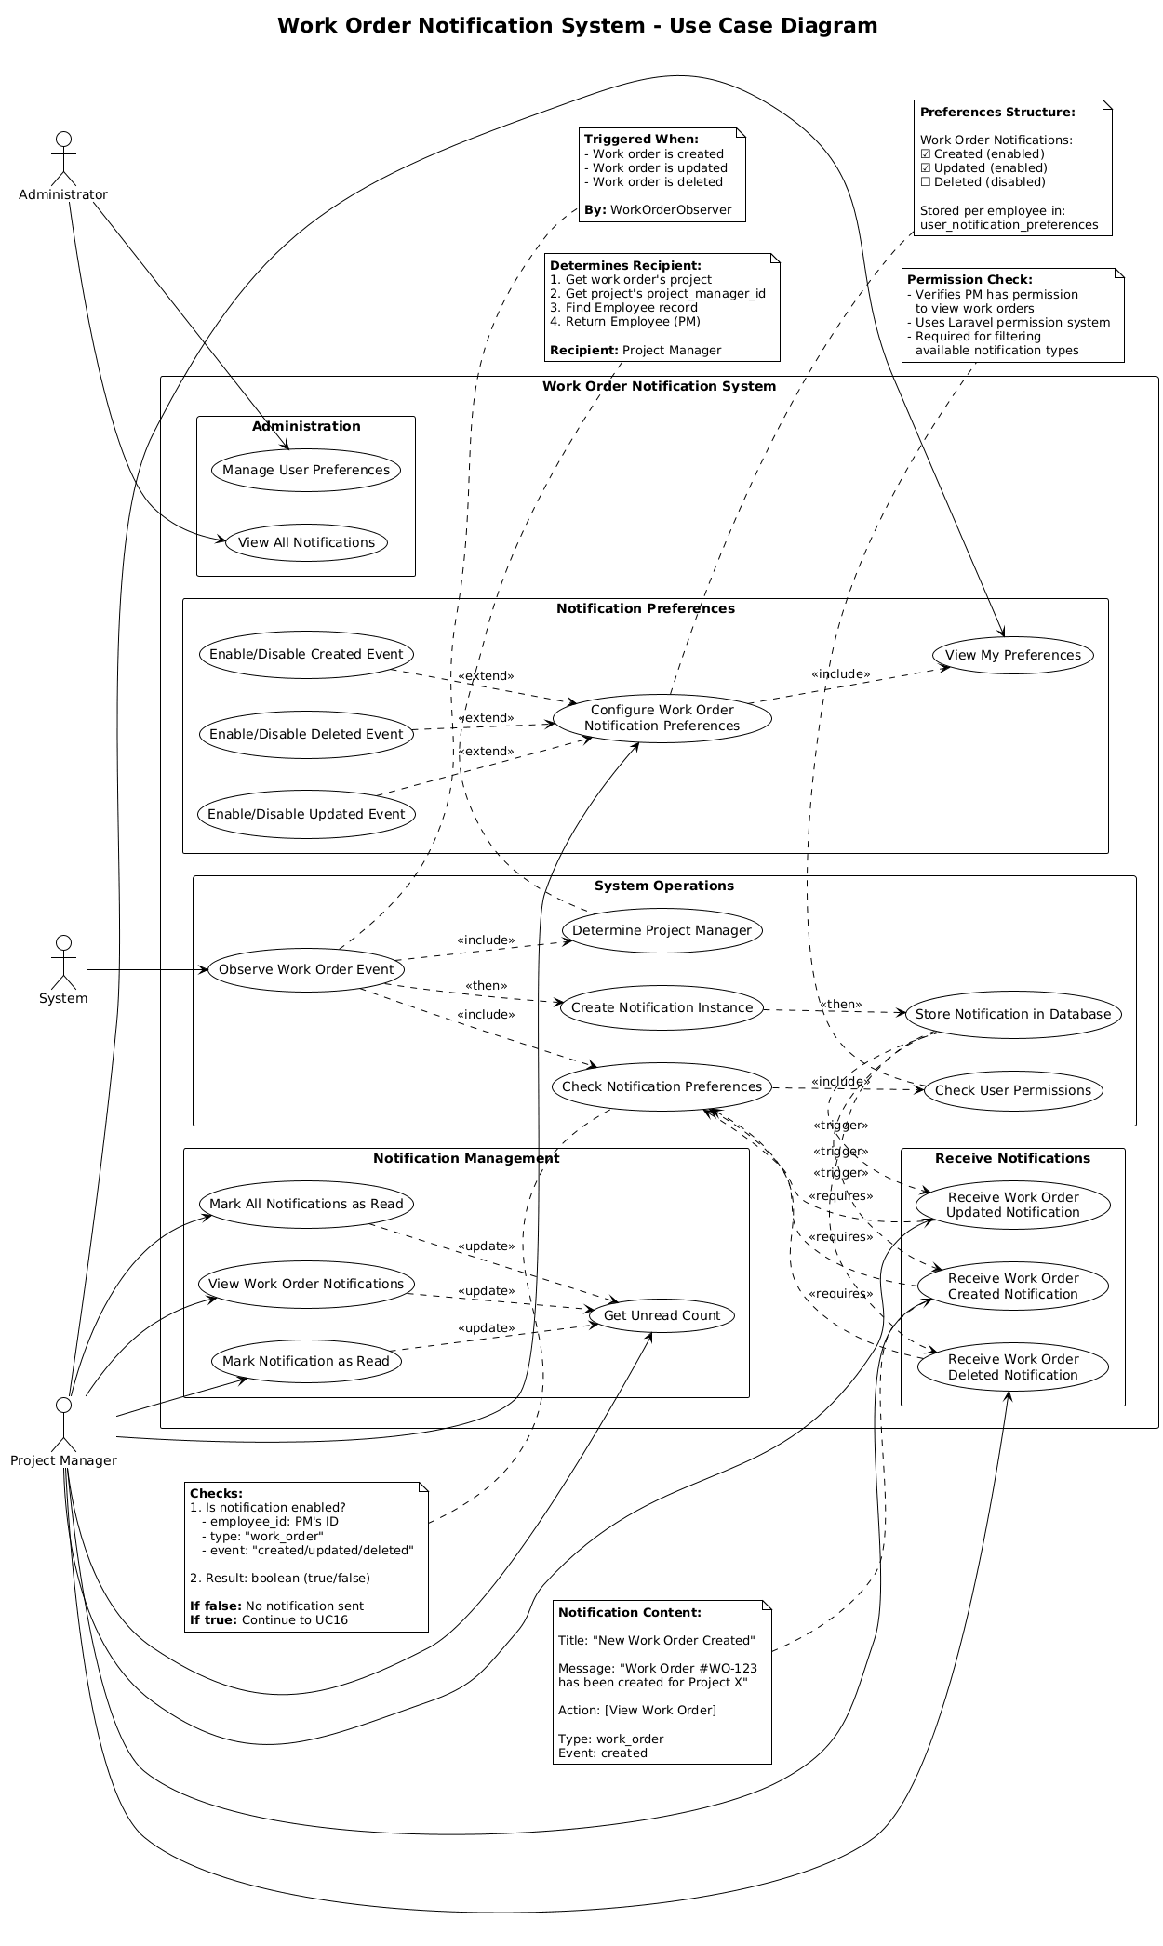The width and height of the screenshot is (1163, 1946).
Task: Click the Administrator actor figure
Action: [x=62, y=160]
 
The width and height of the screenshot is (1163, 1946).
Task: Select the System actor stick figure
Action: [x=62, y=964]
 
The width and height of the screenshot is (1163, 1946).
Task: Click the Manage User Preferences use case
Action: [x=306, y=470]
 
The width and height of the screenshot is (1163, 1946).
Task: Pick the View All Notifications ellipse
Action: [x=306, y=542]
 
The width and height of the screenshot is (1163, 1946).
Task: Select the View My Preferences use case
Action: [x=1012, y=655]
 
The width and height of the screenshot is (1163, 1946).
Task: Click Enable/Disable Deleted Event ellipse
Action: [x=306, y=734]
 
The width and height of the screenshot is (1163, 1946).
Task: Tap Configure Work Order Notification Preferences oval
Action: [x=662, y=718]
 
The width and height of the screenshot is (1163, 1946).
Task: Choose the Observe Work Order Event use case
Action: [x=306, y=969]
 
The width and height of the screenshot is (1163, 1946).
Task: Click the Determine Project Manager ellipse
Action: [x=662, y=930]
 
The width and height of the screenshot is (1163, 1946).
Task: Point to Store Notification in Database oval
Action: [x=1012, y=1014]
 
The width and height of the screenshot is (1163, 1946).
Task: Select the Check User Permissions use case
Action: [x=1012, y=1090]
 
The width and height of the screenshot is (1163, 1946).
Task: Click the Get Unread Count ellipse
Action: [x=662, y=1315]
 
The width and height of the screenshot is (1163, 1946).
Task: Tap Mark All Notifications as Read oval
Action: [x=306, y=1204]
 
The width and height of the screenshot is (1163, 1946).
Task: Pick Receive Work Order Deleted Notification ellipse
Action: [x=1012, y=1366]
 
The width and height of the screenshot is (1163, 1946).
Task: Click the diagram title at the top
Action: [x=577, y=26]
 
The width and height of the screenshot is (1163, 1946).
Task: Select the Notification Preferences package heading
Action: [x=645, y=608]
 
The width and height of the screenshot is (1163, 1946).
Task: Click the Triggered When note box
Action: [x=662, y=174]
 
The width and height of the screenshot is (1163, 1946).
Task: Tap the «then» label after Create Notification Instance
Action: [x=840, y=1005]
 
